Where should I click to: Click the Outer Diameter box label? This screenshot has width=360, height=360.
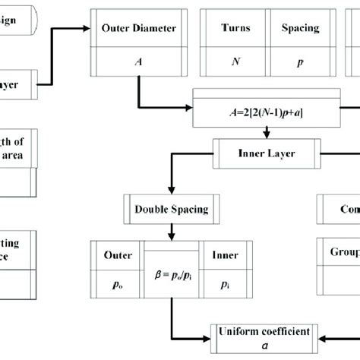[138, 28]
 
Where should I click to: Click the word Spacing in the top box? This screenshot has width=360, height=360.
[301, 28]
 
